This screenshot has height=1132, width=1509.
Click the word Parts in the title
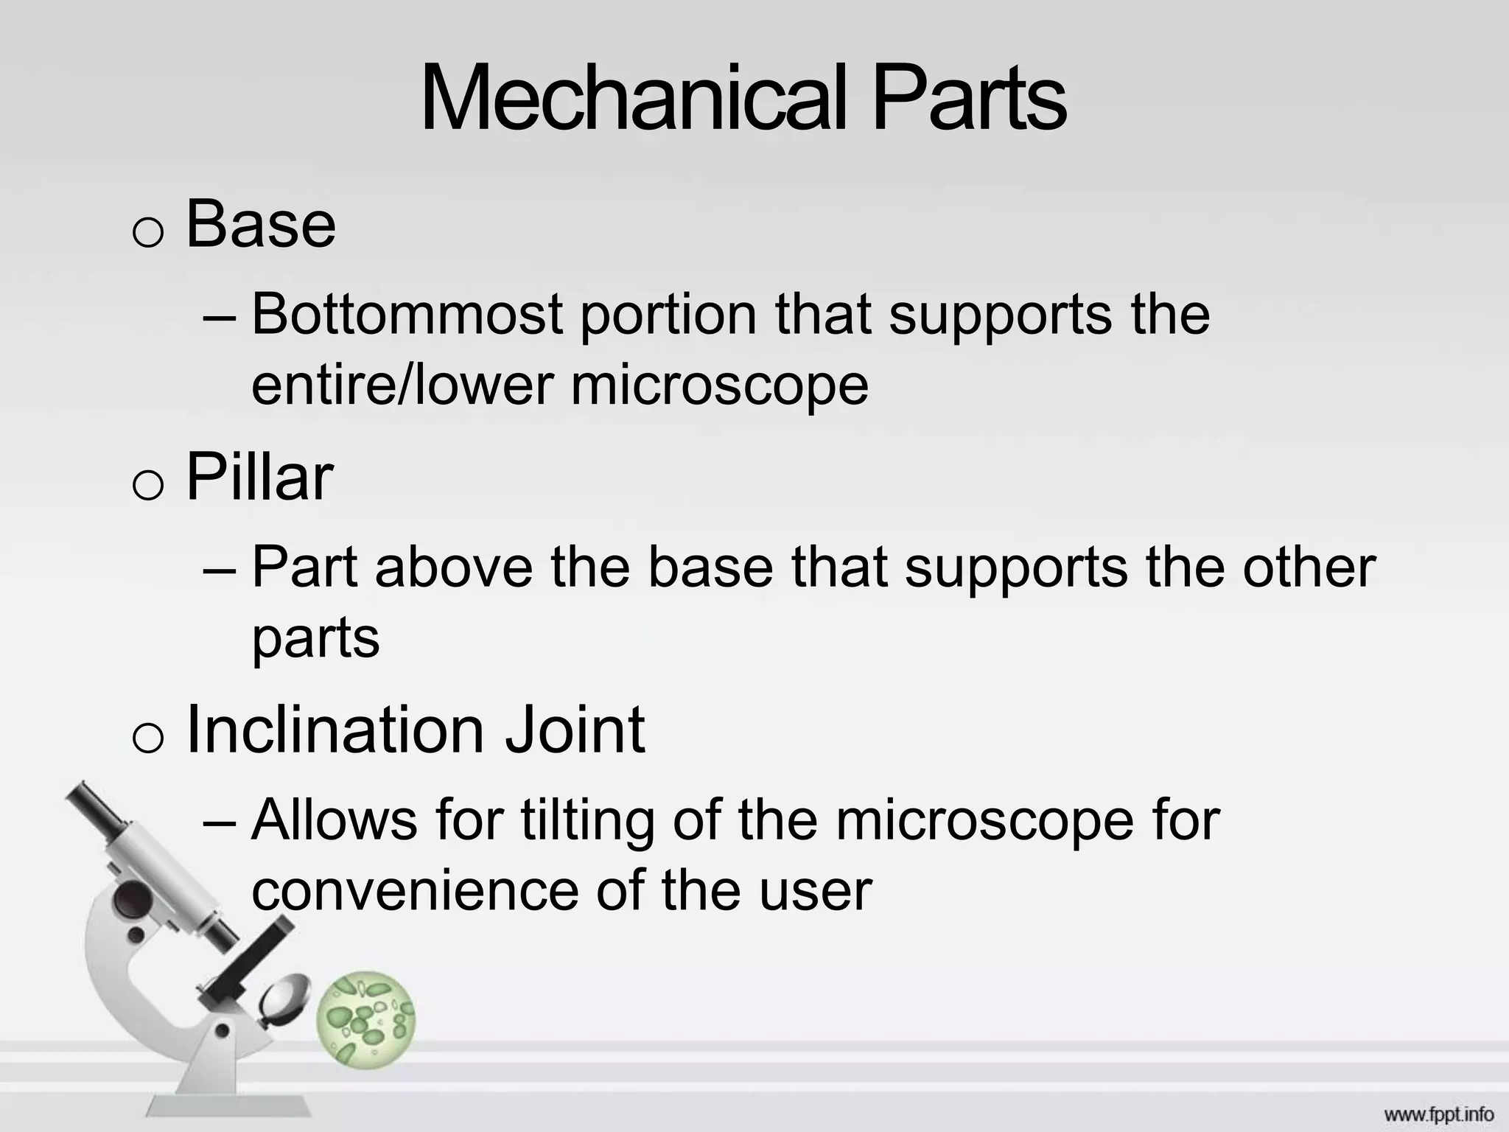pyautogui.click(x=968, y=99)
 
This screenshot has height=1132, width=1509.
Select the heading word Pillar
pyautogui.click(x=259, y=477)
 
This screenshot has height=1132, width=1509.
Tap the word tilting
pyautogui.click(x=587, y=820)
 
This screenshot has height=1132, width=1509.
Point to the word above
pyautogui.click(x=453, y=567)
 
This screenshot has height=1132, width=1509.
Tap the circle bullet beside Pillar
pyautogui.click(x=147, y=486)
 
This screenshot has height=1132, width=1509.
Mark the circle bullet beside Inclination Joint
pyautogui.click(x=147, y=738)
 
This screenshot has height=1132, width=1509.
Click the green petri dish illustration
pyautogui.click(x=366, y=1019)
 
